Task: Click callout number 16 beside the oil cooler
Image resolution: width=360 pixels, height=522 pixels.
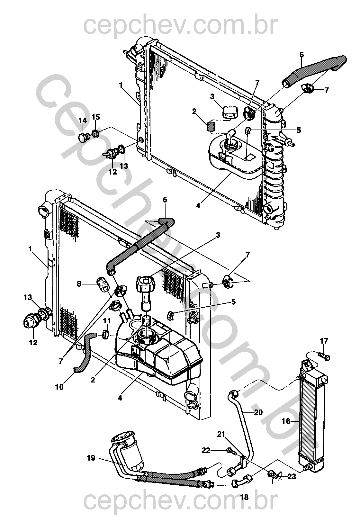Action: click(286, 421)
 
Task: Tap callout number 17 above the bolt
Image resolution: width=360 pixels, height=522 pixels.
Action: click(324, 341)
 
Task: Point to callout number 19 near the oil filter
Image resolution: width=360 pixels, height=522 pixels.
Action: click(91, 458)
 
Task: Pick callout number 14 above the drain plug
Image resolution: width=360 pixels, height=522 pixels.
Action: click(83, 121)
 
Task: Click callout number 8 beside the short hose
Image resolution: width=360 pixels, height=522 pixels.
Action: click(79, 284)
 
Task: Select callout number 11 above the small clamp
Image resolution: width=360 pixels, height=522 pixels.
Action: click(107, 321)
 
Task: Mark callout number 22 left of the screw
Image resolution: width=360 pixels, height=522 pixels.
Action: click(206, 450)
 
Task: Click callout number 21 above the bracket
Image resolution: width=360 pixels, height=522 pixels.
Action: click(221, 434)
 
